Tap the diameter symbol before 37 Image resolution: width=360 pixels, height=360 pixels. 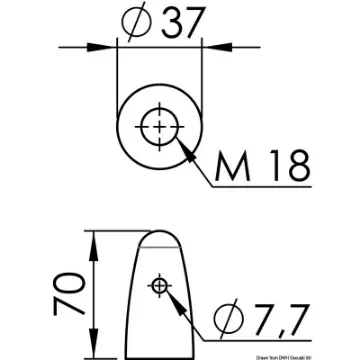136,23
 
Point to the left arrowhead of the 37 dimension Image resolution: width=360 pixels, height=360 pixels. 112,46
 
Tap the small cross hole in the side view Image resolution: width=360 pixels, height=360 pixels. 156,288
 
